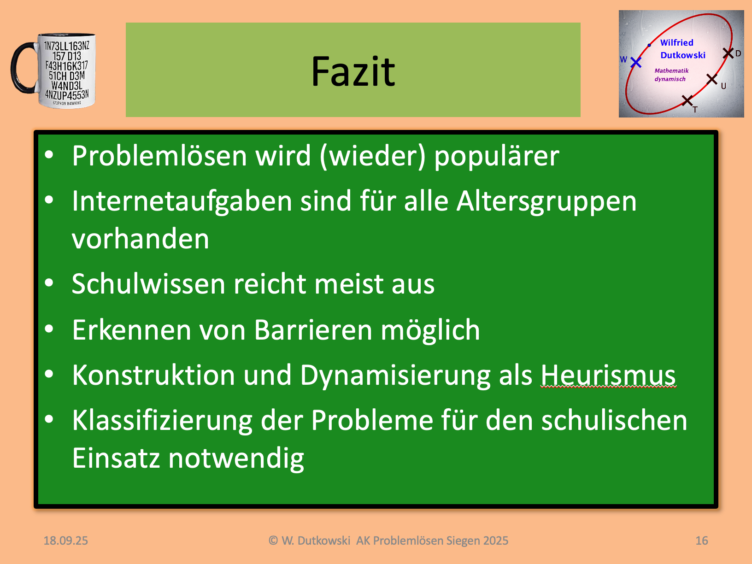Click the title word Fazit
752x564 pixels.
[353, 71]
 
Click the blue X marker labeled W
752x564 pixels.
[636, 62]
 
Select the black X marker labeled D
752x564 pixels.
[728, 53]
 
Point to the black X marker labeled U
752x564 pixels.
[712, 79]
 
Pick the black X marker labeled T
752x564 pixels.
[687, 100]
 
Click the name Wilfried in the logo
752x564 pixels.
[676, 42]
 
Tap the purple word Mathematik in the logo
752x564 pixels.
[671, 70]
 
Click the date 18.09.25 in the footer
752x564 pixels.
[65, 540]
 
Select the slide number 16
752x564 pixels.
[702, 540]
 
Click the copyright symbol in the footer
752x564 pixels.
[273, 540]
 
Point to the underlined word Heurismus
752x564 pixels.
[608, 375]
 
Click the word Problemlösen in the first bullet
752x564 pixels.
[159, 156]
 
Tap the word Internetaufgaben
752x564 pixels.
[182, 201]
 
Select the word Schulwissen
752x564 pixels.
[148, 283]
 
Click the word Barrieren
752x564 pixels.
[313, 330]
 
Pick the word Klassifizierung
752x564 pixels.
[162, 421]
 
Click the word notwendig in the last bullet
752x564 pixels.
[236, 459]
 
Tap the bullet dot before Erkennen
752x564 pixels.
[49, 329]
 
